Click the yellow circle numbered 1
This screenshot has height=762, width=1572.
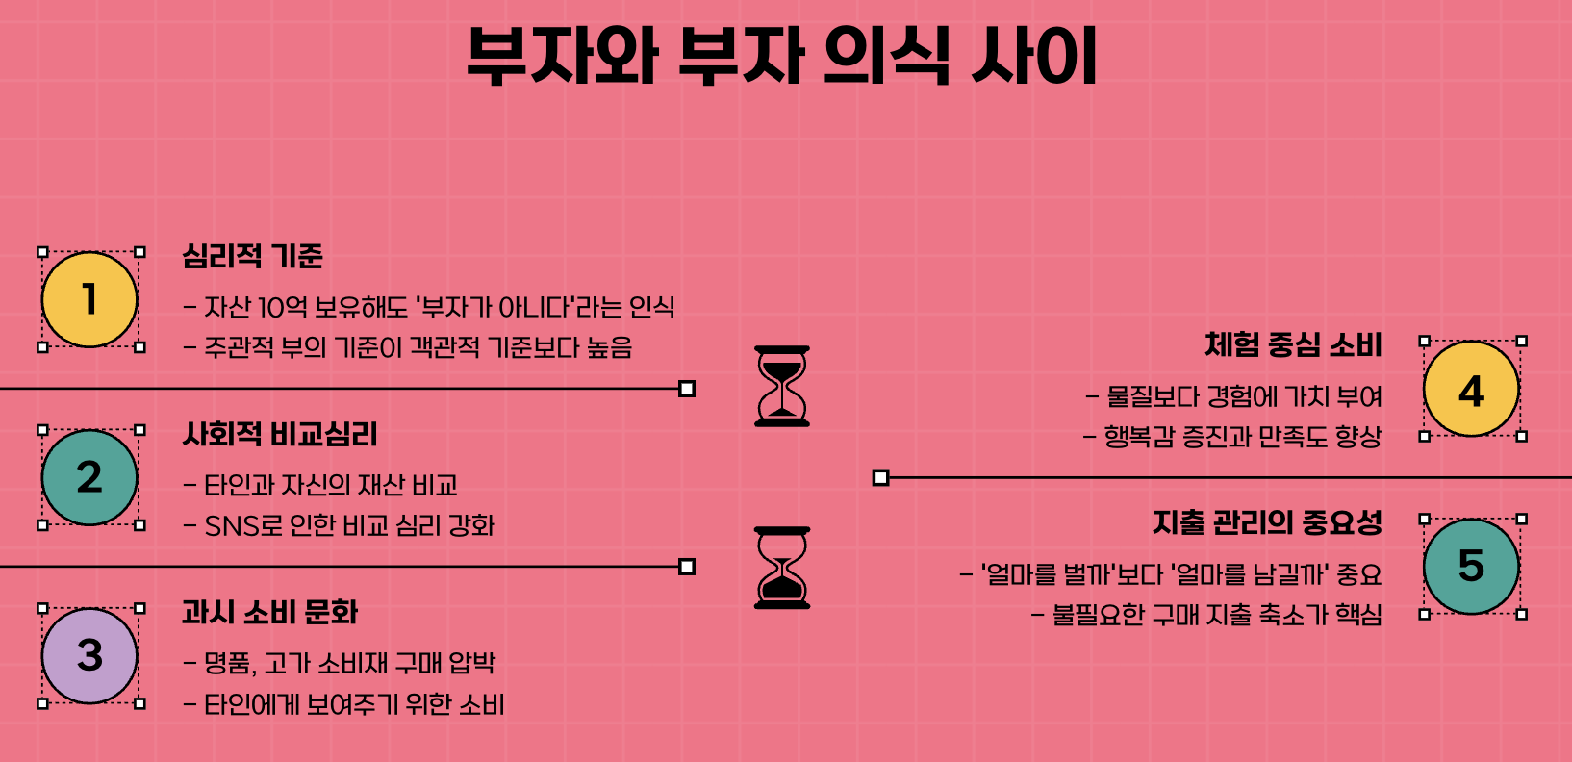pyautogui.click(x=89, y=299)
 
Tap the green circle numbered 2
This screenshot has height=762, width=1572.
pyautogui.click(x=89, y=477)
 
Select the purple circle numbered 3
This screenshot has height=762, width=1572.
pyautogui.click(x=89, y=655)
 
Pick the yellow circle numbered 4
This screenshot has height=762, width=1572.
pyautogui.click(x=1471, y=389)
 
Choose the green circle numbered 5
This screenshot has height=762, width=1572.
pyautogui.click(x=1471, y=566)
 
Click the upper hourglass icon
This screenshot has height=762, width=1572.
pyautogui.click(x=782, y=386)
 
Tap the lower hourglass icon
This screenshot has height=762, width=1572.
pyautogui.click(x=782, y=568)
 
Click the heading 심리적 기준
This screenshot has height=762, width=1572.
pyautogui.click(x=252, y=257)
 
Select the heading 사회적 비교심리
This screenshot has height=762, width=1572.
pyautogui.click(x=280, y=435)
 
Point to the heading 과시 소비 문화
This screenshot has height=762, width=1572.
pyautogui.click(x=269, y=613)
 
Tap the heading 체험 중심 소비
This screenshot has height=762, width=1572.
pyautogui.click(x=1293, y=345)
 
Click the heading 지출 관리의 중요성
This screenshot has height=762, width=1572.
pyautogui.click(x=1267, y=522)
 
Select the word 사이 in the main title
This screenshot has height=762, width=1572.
pyautogui.click(x=1034, y=56)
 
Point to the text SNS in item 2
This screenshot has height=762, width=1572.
pyautogui.click(x=231, y=526)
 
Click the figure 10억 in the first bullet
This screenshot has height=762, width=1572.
pyautogui.click(x=283, y=307)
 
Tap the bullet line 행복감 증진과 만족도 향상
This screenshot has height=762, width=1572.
pyautogui.click(x=1241, y=438)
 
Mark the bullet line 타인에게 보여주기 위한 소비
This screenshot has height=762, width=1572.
pyautogui.click(x=354, y=705)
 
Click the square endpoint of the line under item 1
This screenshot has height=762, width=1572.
pyautogui.click(x=687, y=389)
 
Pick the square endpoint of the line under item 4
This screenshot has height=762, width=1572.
pyautogui.click(x=880, y=477)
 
